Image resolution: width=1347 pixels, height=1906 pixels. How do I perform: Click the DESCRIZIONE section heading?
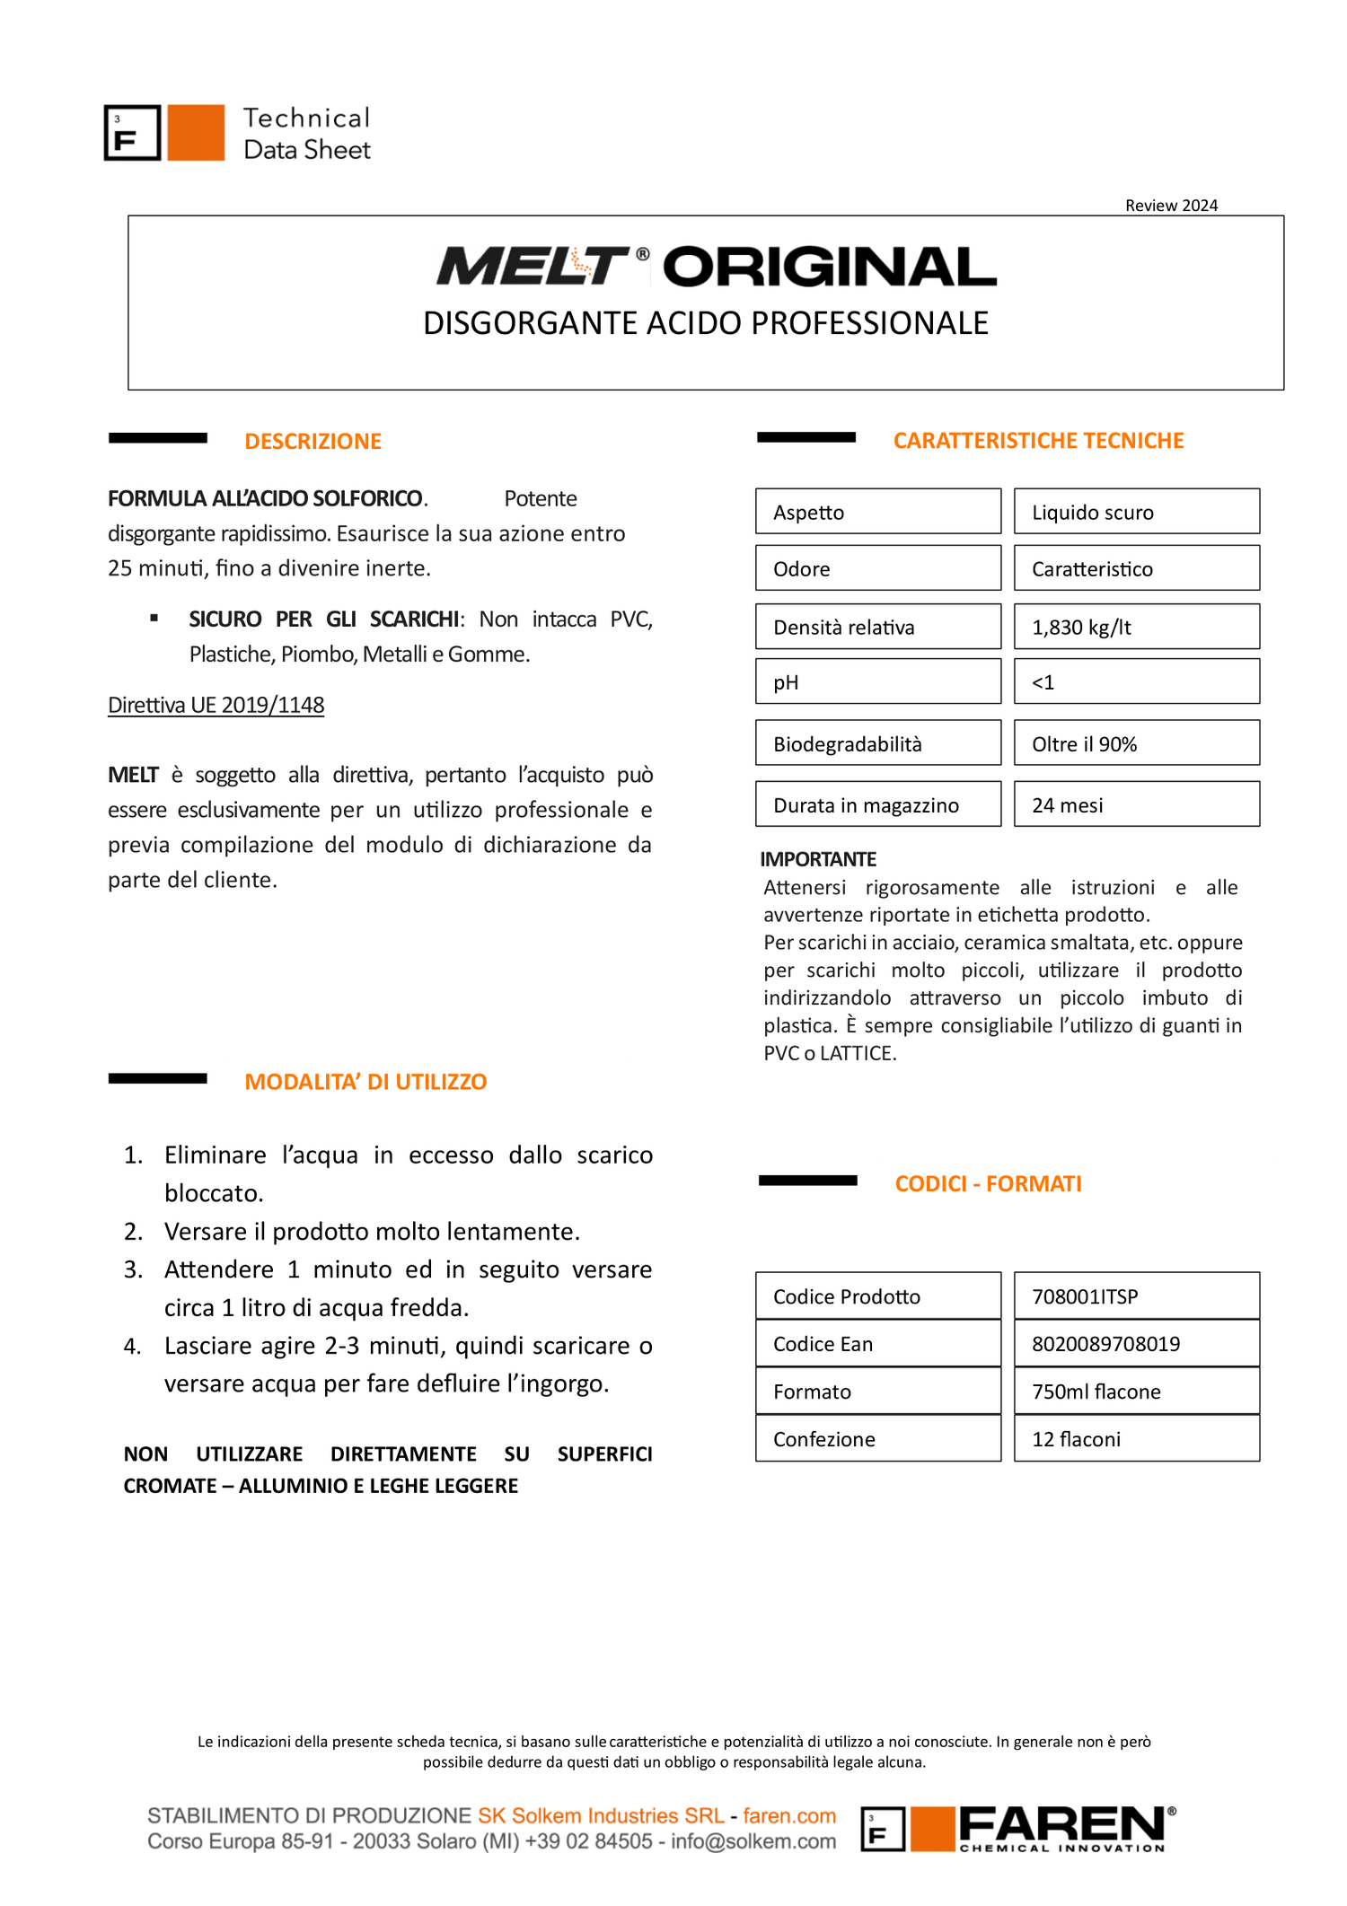click(313, 441)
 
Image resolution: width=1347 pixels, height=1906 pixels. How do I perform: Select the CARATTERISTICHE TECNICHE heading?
click(1038, 440)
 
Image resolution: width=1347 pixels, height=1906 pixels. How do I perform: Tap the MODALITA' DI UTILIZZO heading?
click(365, 1081)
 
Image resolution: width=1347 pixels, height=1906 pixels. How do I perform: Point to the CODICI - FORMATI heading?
click(988, 1183)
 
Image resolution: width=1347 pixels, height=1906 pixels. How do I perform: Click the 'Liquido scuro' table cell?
click(1136, 512)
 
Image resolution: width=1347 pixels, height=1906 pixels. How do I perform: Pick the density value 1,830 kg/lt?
click(1136, 627)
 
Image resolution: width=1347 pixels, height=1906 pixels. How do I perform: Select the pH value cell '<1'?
click(1136, 681)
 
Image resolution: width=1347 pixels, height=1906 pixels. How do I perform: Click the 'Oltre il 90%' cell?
click(1136, 743)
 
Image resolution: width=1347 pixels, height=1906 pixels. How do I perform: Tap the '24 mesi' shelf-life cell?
click(1136, 804)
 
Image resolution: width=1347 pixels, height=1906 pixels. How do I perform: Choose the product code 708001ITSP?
click(1136, 1296)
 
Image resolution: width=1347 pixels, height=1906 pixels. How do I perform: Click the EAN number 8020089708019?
click(1136, 1343)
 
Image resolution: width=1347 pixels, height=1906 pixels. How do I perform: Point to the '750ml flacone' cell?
click(1136, 1391)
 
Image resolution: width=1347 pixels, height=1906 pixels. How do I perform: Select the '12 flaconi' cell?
click(1136, 1438)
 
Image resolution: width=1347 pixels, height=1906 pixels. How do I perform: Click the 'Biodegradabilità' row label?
click(877, 743)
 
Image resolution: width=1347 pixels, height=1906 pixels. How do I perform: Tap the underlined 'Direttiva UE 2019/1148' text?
click(216, 705)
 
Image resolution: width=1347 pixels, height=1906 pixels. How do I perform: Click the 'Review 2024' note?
click(1171, 206)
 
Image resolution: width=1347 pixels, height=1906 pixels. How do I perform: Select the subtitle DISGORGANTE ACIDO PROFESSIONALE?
click(706, 323)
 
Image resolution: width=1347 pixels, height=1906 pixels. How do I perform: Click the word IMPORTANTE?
click(818, 859)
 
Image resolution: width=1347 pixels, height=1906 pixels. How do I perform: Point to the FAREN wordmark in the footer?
click(1061, 1825)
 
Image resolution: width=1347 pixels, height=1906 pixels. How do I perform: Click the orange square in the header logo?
click(196, 133)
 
